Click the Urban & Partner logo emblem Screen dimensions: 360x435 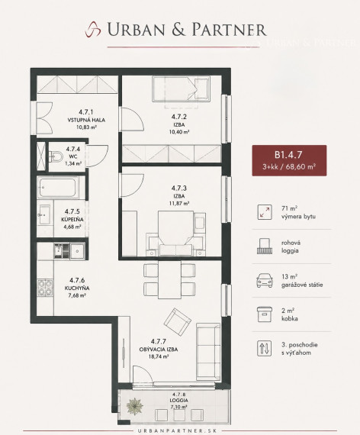pos(93,29)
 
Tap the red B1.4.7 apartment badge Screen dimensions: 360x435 pos(289,160)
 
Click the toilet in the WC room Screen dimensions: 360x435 pos(56,156)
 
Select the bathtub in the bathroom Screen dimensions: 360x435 pos(58,188)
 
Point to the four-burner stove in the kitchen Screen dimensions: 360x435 pos(45,288)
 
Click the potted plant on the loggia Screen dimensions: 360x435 pos(135,406)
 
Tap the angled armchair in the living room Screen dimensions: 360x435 pos(178,321)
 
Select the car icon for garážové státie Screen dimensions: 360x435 pos(265,281)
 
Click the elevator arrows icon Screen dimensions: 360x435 pos(265,348)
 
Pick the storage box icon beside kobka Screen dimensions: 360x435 pos(265,314)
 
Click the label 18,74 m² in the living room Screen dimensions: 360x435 pos(159,356)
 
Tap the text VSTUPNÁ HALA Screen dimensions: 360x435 pos(86,120)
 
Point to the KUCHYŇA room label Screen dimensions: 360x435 pos(77,288)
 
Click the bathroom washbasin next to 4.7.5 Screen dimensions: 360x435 pos(44,214)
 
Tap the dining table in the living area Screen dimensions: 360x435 pos(169,279)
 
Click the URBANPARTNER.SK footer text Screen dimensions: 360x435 pos(180,431)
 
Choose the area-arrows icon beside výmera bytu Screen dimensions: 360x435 pos(265,212)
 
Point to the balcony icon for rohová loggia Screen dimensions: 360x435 pos(265,246)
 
